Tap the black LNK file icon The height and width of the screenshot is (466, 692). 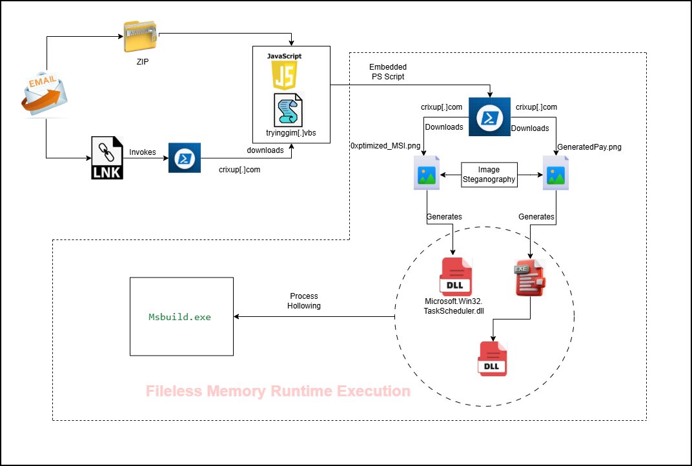point(107,158)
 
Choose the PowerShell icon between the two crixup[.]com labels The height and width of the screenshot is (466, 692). point(489,116)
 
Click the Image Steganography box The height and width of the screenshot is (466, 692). point(489,175)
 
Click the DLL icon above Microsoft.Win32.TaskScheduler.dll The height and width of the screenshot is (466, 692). point(455,277)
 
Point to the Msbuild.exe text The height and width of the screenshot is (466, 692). point(180,317)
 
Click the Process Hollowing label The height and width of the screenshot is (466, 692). point(303,301)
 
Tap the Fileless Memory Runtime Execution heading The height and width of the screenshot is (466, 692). point(278,391)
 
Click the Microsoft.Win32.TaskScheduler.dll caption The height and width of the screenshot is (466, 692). point(454,305)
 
